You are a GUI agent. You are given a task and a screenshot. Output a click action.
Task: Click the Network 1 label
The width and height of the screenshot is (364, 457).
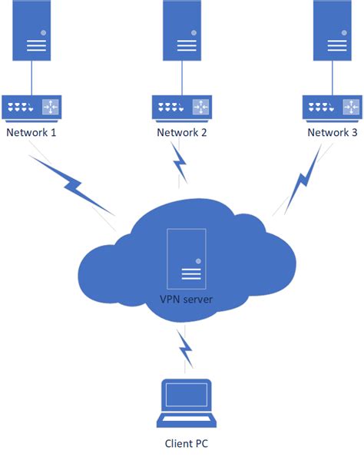pyautogui.click(x=31, y=132)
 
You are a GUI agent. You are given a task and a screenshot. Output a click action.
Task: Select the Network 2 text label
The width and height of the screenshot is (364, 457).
pyautogui.click(x=182, y=132)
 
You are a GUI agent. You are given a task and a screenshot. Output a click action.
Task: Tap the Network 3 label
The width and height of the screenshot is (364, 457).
pyautogui.click(x=332, y=132)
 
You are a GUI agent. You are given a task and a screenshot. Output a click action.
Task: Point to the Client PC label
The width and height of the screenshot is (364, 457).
pyautogui.click(x=186, y=443)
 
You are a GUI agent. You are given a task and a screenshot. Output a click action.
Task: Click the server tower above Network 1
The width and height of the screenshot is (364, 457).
pyautogui.click(x=31, y=31)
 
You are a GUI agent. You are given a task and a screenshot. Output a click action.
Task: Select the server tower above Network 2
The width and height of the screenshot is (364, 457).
pyautogui.click(x=183, y=31)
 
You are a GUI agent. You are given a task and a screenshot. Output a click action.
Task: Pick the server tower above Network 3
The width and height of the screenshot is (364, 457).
pyautogui.click(x=333, y=31)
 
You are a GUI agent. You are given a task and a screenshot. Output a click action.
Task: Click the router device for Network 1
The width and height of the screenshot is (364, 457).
pyautogui.click(x=31, y=107)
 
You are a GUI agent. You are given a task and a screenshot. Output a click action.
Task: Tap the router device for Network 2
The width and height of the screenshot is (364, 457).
pyautogui.click(x=183, y=107)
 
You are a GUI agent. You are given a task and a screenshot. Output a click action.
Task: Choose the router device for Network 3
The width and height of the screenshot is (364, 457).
pyautogui.click(x=333, y=107)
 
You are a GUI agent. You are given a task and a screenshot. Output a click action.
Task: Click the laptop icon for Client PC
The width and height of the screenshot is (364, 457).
pyautogui.click(x=186, y=403)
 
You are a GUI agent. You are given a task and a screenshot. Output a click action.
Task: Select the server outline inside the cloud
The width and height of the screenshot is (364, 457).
pyautogui.click(x=186, y=257)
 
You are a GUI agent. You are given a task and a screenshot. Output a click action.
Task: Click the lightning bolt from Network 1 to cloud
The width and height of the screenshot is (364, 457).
pyautogui.click(x=73, y=186)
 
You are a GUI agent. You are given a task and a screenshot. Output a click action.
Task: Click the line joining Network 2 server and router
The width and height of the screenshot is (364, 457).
pyautogui.click(x=183, y=78)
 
